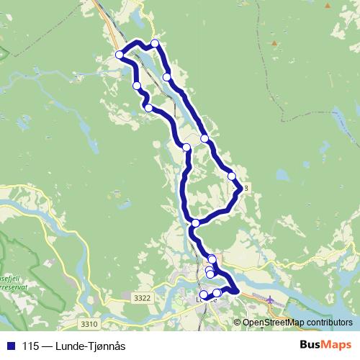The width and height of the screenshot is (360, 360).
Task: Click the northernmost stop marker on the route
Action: coord(155,44)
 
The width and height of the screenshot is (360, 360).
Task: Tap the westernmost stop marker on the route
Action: coord(120,55)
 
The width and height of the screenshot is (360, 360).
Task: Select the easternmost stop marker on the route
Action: coord(232,176)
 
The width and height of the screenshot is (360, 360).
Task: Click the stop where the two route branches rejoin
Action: coord(195,223)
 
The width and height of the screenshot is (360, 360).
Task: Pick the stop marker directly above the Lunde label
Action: coord(204,294)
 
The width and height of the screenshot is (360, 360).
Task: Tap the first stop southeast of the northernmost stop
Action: coord(167,77)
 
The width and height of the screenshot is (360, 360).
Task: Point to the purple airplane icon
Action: coord(270,299)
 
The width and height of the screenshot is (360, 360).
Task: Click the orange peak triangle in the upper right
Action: coord(274,42)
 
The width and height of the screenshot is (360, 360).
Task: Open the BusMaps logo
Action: coord(325,344)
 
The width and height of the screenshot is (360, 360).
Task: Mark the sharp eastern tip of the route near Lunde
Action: coord(238,290)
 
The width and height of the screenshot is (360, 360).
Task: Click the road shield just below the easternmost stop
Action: coord(245,188)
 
